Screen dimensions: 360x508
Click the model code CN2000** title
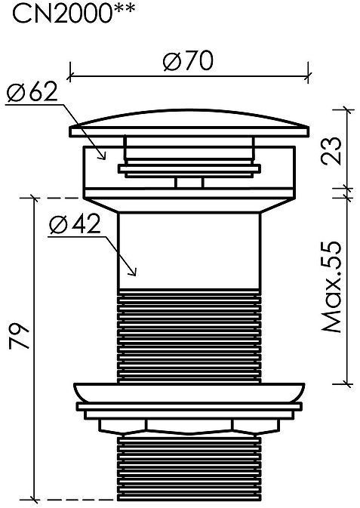tap(73, 12)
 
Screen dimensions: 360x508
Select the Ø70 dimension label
tap(188, 60)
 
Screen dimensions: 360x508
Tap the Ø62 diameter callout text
tap(32, 92)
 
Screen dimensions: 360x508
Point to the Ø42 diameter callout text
tap(75, 224)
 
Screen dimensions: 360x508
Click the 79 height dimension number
tap(19, 335)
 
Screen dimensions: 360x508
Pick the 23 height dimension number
tap(331, 151)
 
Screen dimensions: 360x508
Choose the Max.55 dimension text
tap(331, 287)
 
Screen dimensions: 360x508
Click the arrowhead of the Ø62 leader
tap(103, 156)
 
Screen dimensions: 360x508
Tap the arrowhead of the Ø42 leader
tap(133, 272)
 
